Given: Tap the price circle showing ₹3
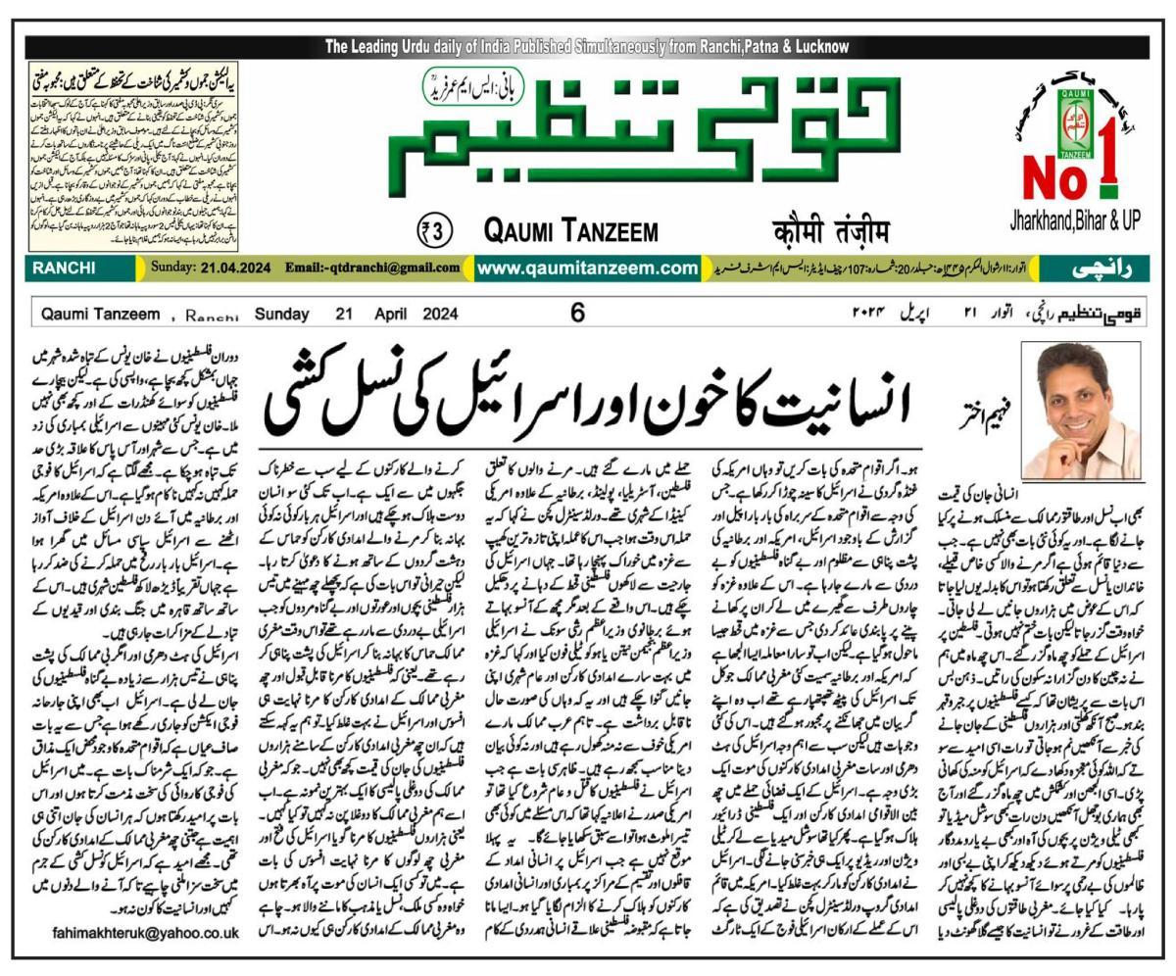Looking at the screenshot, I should (434, 231).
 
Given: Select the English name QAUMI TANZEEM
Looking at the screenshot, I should (570, 232).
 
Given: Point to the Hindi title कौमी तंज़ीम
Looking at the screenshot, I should (831, 232).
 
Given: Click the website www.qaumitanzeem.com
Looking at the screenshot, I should (587, 268).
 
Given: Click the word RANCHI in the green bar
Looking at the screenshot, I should (64, 268).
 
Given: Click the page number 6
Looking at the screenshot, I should (578, 314).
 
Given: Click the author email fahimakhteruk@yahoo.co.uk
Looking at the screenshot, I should (145, 934).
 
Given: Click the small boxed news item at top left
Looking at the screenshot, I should (133, 157).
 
